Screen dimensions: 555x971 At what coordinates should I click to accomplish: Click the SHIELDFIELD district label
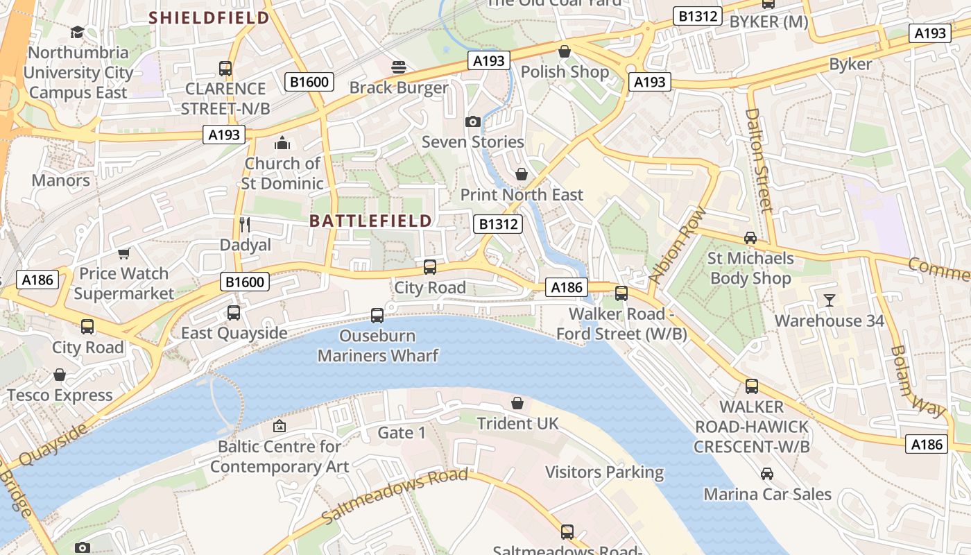tap(209, 18)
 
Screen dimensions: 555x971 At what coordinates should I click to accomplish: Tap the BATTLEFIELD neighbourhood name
tap(370, 221)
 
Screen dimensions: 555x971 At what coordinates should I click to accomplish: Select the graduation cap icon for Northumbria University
tap(77, 33)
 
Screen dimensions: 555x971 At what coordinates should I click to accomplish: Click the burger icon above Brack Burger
tap(399, 67)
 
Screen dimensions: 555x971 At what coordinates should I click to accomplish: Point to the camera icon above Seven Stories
tap(473, 121)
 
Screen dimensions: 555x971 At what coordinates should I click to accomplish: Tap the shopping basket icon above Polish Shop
tap(565, 51)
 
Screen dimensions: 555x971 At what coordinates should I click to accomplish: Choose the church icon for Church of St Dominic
tap(282, 144)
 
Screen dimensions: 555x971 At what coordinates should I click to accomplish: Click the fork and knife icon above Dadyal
tap(244, 224)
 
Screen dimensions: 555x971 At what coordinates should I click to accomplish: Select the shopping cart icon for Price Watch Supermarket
tap(124, 253)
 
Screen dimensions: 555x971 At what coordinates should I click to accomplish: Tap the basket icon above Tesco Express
tap(60, 375)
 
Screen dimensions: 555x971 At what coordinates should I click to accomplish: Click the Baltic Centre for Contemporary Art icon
tap(280, 426)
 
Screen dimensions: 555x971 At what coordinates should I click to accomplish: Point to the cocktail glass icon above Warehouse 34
tap(830, 300)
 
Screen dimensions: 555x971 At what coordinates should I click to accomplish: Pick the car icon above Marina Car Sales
tap(767, 474)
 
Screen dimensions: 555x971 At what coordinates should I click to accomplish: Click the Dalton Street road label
tap(759, 160)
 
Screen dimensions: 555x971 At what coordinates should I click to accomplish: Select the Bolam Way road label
tap(918, 382)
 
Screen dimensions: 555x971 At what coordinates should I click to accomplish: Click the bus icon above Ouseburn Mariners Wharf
tap(377, 316)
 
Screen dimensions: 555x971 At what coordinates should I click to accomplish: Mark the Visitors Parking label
tap(604, 472)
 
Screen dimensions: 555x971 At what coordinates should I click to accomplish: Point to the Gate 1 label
tap(402, 433)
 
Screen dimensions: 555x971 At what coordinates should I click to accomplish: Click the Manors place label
tap(61, 180)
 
